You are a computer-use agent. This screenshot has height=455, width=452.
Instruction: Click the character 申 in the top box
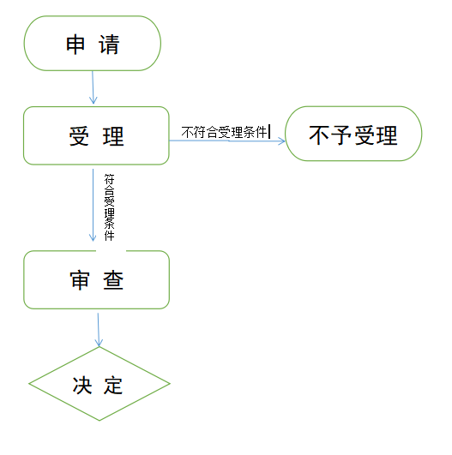(75, 44)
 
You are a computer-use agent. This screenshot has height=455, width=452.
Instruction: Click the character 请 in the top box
(109, 44)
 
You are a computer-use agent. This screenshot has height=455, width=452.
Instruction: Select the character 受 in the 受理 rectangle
(79, 136)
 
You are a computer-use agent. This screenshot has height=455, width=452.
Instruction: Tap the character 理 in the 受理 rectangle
(113, 136)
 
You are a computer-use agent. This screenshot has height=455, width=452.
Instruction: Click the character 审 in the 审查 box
(79, 280)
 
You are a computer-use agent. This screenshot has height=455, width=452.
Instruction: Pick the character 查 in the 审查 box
(113, 280)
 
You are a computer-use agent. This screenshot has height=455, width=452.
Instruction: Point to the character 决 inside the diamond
(82, 386)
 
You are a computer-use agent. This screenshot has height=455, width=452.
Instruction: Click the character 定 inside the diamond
(113, 386)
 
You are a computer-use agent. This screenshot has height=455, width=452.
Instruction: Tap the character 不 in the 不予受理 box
(319, 135)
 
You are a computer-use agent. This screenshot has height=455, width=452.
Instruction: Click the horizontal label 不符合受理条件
(224, 132)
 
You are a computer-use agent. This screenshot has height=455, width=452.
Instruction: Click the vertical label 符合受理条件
(109, 207)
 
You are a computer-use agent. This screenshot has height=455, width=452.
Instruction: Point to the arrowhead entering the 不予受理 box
(281, 141)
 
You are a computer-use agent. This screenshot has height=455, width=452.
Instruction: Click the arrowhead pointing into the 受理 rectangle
(93, 100)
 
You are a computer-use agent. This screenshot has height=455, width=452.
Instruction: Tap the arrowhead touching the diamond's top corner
(99, 343)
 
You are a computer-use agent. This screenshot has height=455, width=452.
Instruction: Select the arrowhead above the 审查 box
(93, 237)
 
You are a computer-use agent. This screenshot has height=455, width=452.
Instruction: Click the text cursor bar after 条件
(269, 131)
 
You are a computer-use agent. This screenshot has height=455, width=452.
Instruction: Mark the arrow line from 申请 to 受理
(93, 87)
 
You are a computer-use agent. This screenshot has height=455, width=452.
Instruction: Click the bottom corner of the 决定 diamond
(99, 421)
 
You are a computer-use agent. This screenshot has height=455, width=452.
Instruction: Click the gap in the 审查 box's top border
(111, 251)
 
